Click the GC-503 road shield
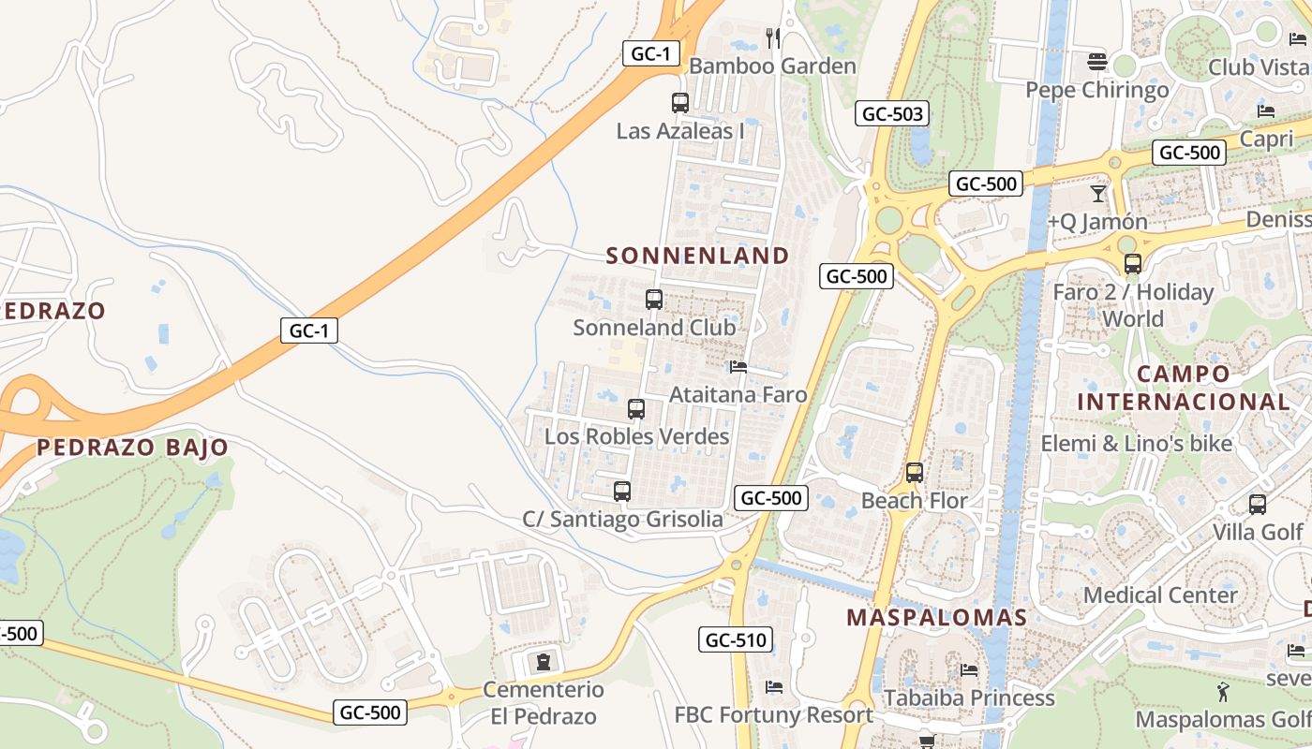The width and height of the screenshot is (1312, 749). point(891,114)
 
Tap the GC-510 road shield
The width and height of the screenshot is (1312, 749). point(736,640)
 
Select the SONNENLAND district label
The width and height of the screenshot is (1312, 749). point(697,256)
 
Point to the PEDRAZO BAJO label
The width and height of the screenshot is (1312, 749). point(132,448)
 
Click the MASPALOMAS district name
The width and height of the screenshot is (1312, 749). point(936,618)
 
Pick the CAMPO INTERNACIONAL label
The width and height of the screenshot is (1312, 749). point(1183,388)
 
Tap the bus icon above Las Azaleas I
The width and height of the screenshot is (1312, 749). point(680,103)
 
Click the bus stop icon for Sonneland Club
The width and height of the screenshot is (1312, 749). point(654,300)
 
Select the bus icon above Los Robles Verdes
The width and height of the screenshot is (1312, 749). point(636,409)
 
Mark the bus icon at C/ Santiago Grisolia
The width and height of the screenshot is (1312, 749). point(621,492)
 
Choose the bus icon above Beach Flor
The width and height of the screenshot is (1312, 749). point(915,473)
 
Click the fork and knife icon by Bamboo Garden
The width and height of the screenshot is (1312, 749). point(773,37)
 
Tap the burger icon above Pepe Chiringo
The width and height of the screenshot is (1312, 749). point(1097,63)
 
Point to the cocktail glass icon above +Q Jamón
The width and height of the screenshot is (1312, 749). point(1098,194)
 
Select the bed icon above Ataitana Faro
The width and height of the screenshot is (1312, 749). point(738,367)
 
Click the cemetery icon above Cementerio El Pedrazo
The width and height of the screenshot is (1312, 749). point(544,662)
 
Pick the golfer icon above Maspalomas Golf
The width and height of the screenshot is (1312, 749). point(1223,693)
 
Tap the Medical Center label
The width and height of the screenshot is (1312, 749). point(1160,595)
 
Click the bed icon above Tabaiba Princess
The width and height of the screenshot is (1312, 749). point(969,669)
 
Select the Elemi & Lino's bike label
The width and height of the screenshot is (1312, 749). point(1137,443)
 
